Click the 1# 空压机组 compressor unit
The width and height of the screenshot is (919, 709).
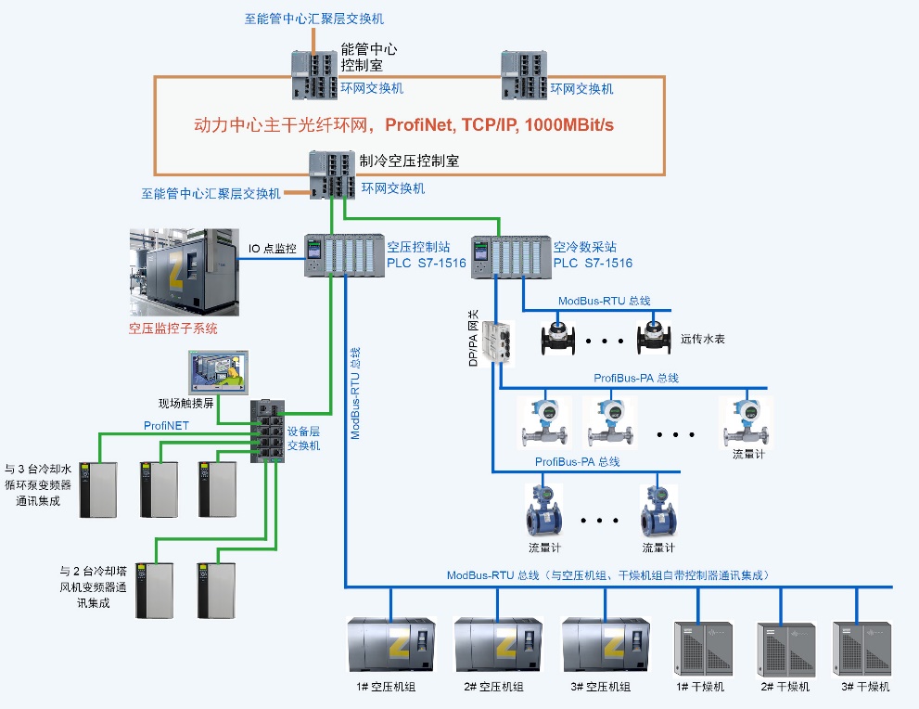(x=390, y=645)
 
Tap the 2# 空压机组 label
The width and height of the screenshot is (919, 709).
(x=493, y=687)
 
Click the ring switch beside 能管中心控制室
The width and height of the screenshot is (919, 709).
(x=313, y=74)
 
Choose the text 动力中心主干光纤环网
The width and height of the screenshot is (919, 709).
(x=286, y=124)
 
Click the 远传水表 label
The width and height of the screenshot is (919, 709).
(x=703, y=339)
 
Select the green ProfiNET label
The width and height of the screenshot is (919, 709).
(x=167, y=426)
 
